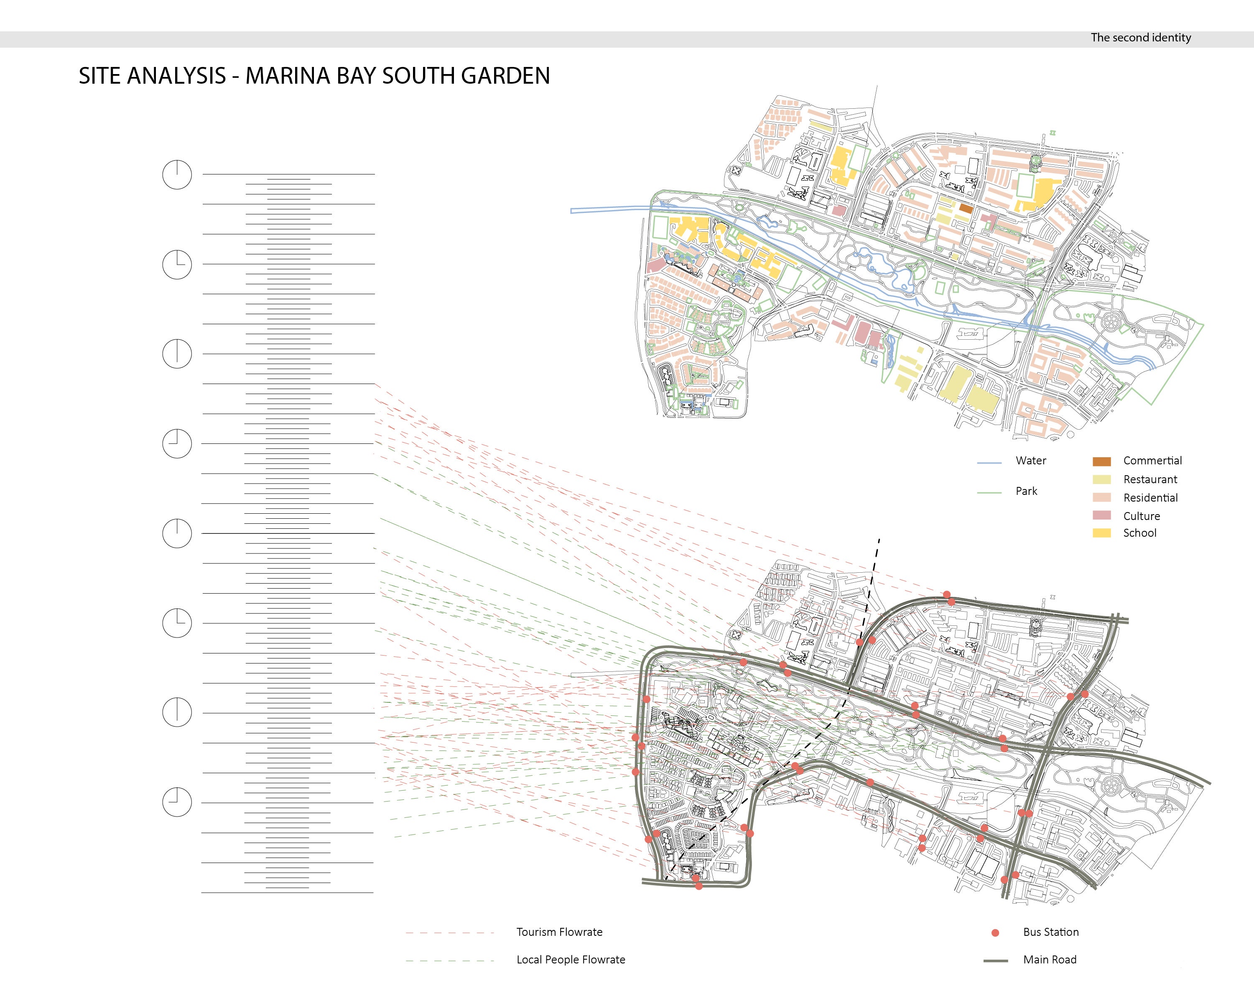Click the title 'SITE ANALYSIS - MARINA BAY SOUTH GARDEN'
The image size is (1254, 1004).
coord(314,76)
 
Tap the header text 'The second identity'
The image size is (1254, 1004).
coord(1141,38)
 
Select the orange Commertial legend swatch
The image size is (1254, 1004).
coord(1101,461)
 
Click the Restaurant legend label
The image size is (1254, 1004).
coord(1150,479)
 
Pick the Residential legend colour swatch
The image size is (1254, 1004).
coord(1101,498)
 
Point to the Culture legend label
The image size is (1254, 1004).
coord(1141,516)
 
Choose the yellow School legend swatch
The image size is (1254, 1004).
coord(1101,533)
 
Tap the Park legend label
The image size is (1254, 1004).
coord(1026,491)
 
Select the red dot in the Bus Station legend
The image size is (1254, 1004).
coord(995,933)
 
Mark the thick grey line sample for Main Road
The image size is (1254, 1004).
coord(995,961)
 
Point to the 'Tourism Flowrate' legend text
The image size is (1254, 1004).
coord(559,932)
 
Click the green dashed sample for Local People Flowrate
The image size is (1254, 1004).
coord(450,961)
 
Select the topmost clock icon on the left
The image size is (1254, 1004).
coord(177,174)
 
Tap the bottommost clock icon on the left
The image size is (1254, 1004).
coord(177,802)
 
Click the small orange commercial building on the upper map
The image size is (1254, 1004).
coord(966,208)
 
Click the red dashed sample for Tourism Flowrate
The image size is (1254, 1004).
coord(450,933)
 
